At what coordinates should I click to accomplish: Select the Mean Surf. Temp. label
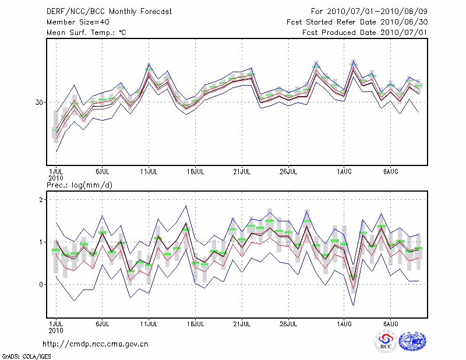[86, 33]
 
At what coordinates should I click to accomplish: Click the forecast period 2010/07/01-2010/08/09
[369, 12]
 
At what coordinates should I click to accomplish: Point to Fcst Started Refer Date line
[357, 22]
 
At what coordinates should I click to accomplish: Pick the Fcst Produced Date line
[365, 33]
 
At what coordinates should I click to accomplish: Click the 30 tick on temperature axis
[40, 103]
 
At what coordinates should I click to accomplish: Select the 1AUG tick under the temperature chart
[344, 172]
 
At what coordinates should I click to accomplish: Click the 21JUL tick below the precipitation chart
[242, 323]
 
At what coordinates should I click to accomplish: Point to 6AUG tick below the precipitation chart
[391, 323]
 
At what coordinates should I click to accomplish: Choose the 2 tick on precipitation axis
[42, 200]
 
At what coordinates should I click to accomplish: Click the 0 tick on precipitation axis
[42, 285]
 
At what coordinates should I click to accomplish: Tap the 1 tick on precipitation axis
[42, 242]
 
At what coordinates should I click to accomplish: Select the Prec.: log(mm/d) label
[79, 185]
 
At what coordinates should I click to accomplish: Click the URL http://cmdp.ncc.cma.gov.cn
[96, 344]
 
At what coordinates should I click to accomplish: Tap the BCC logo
[386, 341]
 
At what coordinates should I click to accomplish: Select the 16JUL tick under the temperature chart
[196, 172]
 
